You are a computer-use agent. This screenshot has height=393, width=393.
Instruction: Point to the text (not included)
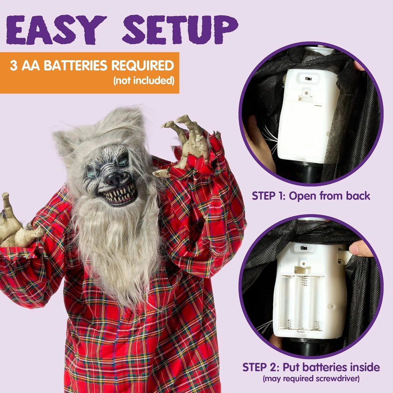point(144,81)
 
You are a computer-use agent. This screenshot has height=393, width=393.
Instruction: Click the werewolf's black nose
point(115,178)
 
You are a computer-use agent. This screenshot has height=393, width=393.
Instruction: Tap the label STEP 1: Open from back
point(311,196)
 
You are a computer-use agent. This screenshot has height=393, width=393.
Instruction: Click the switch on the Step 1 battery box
point(307,79)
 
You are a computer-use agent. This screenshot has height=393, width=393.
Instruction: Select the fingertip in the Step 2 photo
point(359,249)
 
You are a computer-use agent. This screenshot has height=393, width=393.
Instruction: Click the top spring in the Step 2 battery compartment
point(304,281)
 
